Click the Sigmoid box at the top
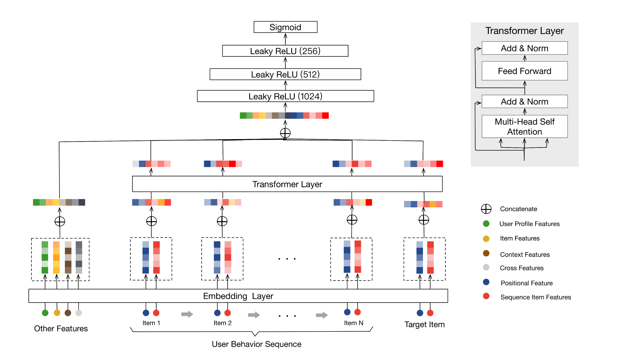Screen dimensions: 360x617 285,27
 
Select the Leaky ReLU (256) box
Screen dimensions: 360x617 285,51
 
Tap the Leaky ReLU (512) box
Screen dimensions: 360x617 285,74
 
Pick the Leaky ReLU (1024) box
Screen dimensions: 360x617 285,96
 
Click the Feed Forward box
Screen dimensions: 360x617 524,71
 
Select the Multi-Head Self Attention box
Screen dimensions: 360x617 524,126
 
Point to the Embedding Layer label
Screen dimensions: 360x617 238,296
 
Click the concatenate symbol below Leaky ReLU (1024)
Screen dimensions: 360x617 285,133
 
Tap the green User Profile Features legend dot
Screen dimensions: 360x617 486,224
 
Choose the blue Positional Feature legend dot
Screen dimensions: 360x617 486,282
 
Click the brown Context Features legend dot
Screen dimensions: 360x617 486,253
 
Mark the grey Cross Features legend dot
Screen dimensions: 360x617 486,267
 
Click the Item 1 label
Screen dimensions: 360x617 151,323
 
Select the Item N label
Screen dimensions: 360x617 354,323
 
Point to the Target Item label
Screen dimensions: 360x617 425,324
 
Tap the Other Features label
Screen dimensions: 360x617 61,329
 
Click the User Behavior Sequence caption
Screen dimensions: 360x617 256,344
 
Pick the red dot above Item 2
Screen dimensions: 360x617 227,313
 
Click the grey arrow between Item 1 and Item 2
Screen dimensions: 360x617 187,314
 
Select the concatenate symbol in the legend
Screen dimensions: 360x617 486,209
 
